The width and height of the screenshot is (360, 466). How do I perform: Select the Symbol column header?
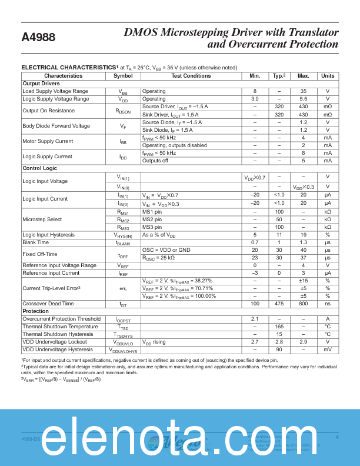tap(123, 76)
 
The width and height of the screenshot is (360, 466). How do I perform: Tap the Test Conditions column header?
tap(191, 76)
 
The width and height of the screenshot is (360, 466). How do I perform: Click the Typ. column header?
tap(278, 76)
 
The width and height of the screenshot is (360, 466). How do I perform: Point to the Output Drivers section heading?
tap(41, 84)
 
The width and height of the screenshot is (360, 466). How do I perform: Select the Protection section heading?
tap(35, 311)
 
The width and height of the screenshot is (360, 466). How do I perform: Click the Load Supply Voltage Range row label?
tap(55, 91)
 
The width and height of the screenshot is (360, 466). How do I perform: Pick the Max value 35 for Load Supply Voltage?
tap(303, 91)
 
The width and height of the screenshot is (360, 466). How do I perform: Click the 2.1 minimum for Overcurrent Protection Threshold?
tap(255, 319)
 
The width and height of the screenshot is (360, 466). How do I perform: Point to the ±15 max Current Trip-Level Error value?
tap(303, 281)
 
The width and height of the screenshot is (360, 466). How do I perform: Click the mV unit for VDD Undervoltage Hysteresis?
tap(328, 349)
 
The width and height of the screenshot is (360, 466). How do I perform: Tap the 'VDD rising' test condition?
tap(156, 342)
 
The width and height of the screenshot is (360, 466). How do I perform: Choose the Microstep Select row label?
tap(42, 219)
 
